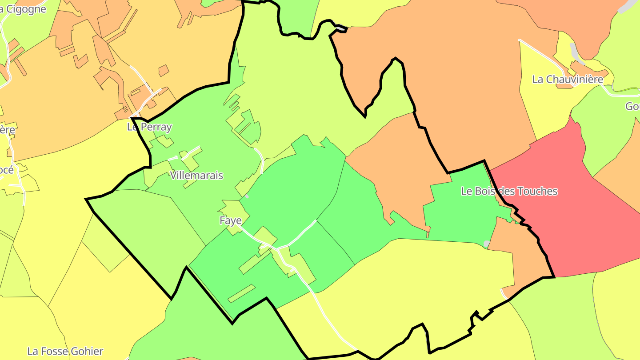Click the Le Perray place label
point(149,127)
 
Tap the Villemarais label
point(196,176)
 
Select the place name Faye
point(231,220)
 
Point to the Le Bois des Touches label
point(509,192)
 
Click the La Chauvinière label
point(568,80)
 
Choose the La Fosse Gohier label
point(65,352)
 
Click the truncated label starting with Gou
point(632,107)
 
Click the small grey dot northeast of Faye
point(247,196)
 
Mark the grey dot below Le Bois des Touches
point(487,244)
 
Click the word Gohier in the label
point(87,352)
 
